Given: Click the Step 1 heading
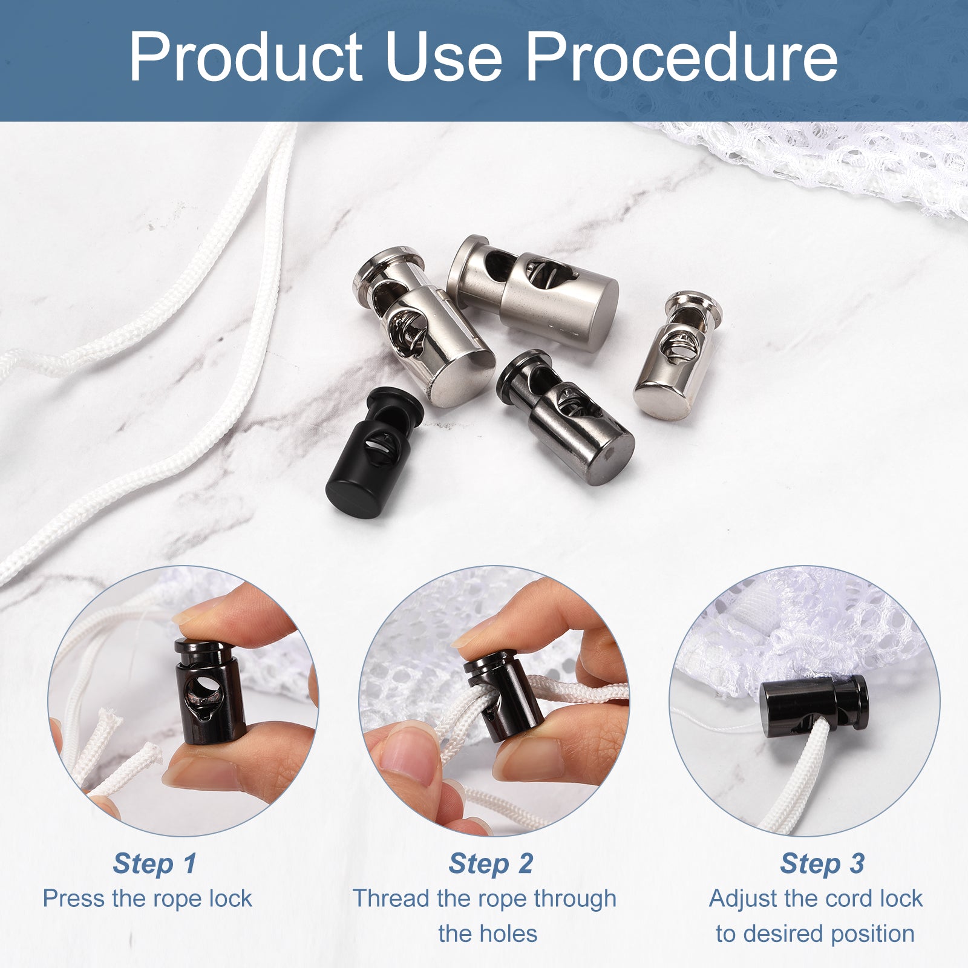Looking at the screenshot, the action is [155, 863].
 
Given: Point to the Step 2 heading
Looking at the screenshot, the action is [491, 863].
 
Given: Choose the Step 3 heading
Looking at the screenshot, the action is [822, 863].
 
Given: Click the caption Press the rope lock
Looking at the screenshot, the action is [147, 898].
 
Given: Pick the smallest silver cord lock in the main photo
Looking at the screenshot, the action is [678, 355].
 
